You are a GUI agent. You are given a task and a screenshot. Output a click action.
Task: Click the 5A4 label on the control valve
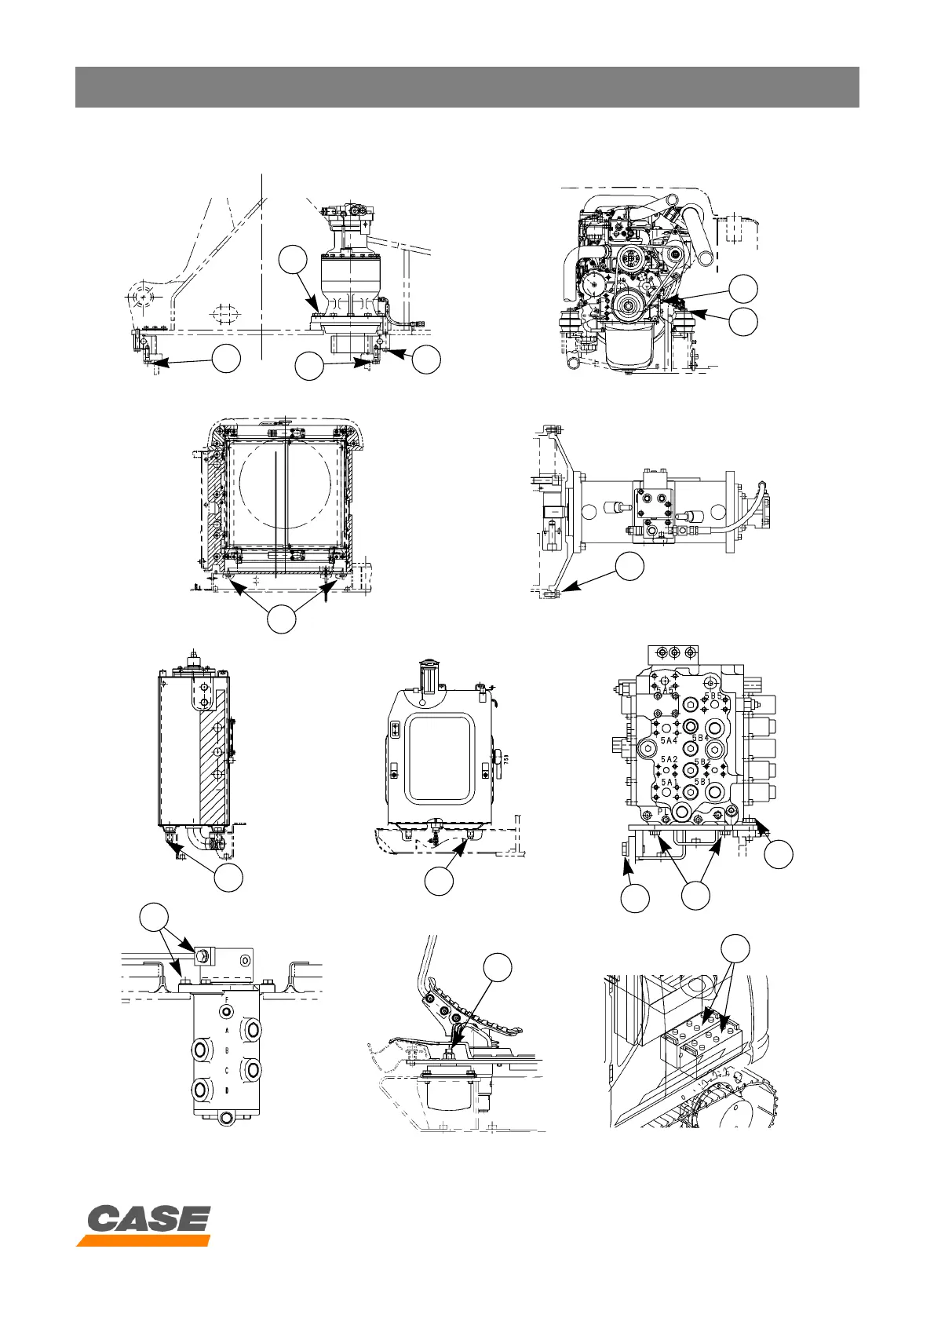click(668, 740)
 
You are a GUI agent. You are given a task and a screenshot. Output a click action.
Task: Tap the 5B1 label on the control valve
click(701, 782)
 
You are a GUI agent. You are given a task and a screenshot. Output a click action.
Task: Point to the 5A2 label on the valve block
click(668, 760)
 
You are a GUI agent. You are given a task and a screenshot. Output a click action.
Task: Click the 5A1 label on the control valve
click(668, 782)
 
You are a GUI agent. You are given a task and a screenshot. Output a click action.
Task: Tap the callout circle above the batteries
click(735, 948)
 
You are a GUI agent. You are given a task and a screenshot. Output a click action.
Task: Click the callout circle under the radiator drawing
click(282, 619)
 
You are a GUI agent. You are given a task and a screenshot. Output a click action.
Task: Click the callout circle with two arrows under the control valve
click(695, 896)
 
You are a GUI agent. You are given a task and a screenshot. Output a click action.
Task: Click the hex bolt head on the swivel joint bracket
click(200, 955)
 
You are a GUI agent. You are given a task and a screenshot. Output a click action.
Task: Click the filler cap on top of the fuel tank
click(429, 673)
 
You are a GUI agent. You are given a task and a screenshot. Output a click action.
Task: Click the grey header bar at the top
click(467, 86)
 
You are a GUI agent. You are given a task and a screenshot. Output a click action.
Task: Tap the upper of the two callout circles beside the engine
click(743, 288)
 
